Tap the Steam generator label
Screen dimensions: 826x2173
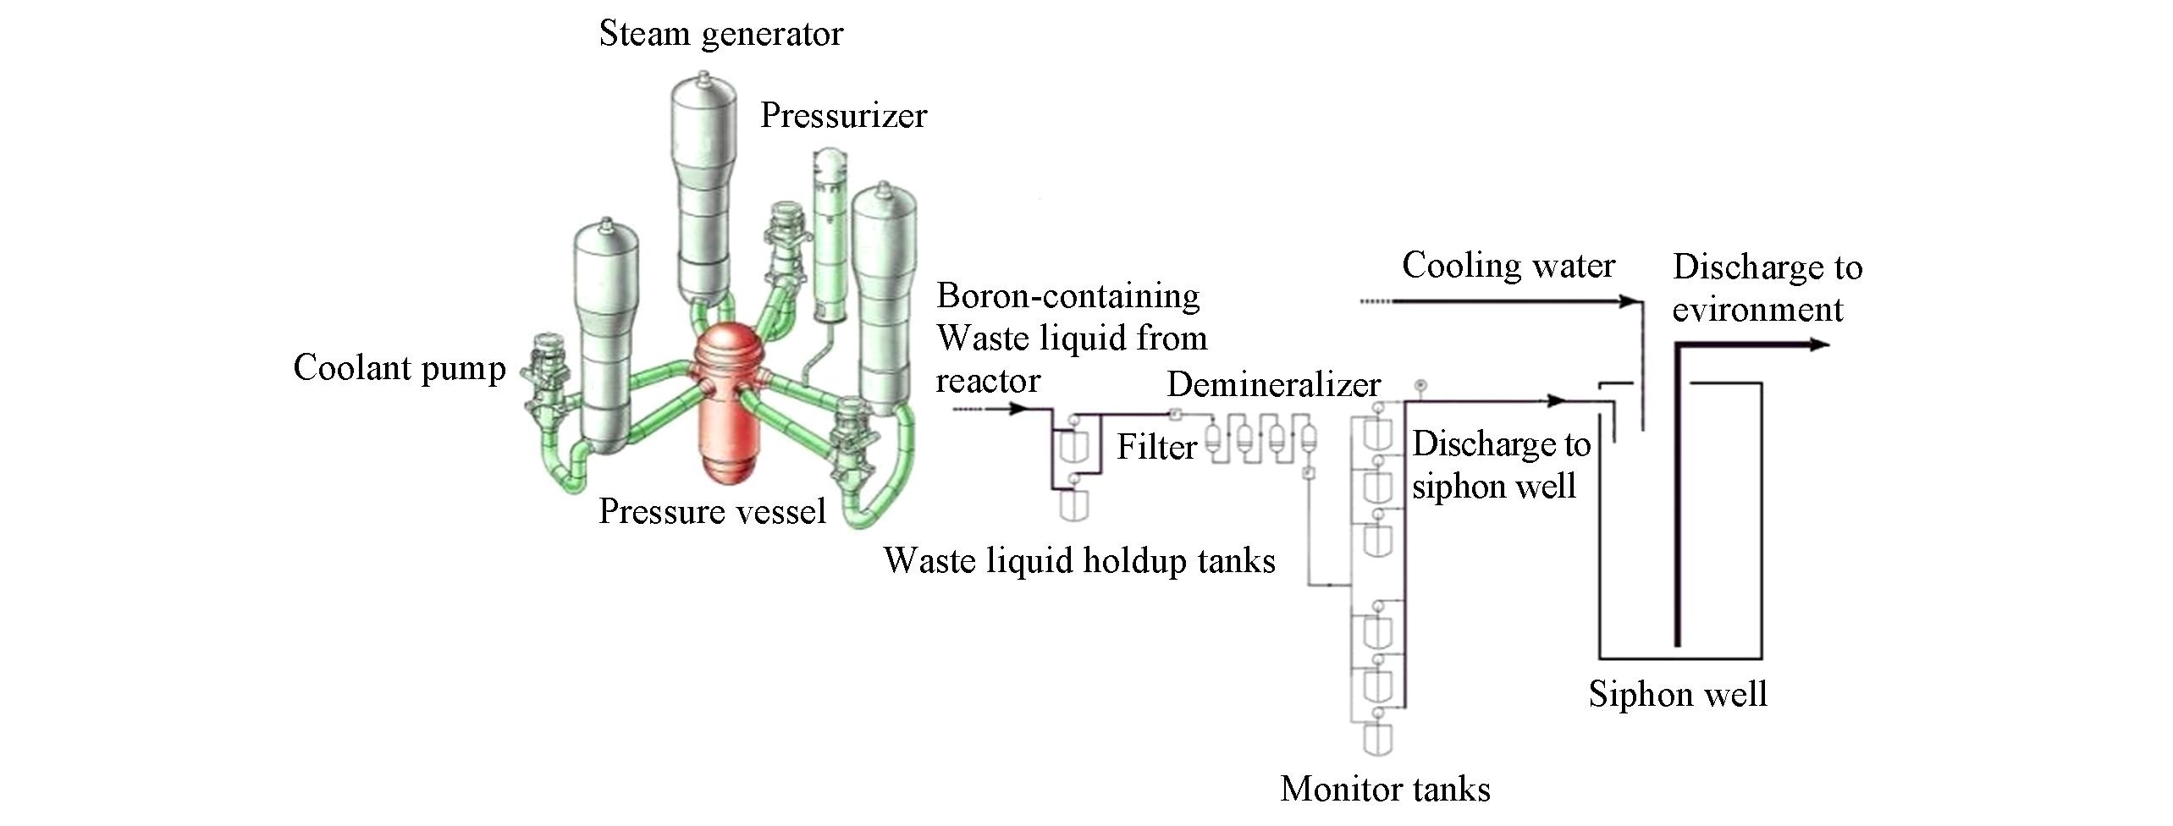pyautogui.click(x=720, y=34)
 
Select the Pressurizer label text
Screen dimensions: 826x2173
pyautogui.click(x=843, y=115)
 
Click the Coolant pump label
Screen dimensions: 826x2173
pyautogui.click(x=400, y=368)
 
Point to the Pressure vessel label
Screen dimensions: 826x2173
pyautogui.click(x=712, y=512)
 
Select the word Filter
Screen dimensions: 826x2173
pyautogui.click(x=1156, y=447)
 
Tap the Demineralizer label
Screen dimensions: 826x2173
pyautogui.click(x=1273, y=385)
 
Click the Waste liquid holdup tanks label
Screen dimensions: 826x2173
pyautogui.click(x=1079, y=560)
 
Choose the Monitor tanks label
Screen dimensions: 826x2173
pyautogui.click(x=1385, y=789)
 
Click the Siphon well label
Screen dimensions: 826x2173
pyautogui.click(x=1677, y=694)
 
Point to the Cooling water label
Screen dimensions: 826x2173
pyautogui.click(x=1508, y=266)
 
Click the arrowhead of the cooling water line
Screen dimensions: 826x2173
pyautogui.click(x=1626, y=301)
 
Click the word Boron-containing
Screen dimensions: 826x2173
pyautogui.click(x=1068, y=296)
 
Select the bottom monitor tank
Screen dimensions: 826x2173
pyautogui.click(x=1378, y=739)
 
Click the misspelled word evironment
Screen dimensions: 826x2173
pyautogui.click(x=1757, y=310)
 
